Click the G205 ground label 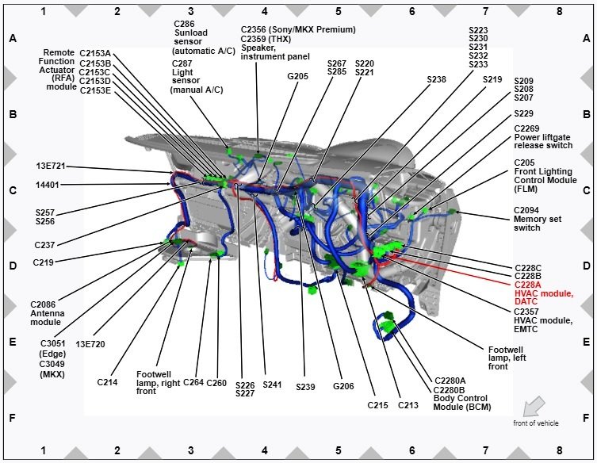coord(297,76)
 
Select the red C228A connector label coord(527,285)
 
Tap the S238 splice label coord(436,79)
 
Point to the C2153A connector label coord(95,54)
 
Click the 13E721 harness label coord(51,166)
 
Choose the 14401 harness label coord(48,185)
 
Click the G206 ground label coord(343,386)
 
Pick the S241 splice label coord(272,385)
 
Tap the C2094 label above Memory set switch coord(526,210)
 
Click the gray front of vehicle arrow coord(534,406)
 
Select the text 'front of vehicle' coord(536,423)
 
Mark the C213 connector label coord(408,405)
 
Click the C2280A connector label coord(450,381)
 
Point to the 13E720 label coord(90,344)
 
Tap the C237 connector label coord(44,245)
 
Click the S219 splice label coord(492,79)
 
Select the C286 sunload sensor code coord(184,24)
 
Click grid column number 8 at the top coord(559,11)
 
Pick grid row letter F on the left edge coord(13,418)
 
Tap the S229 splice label coord(523,113)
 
